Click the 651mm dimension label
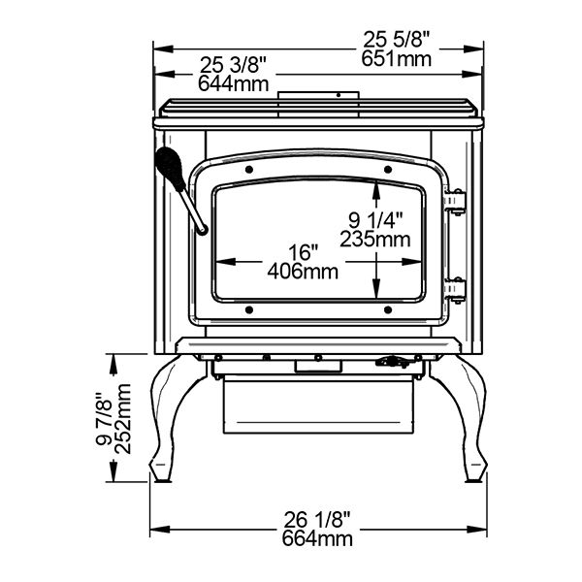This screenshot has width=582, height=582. (x=397, y=59)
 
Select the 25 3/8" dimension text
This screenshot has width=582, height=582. (x=233, y=65)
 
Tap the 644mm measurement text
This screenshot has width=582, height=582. (x=233, y=83)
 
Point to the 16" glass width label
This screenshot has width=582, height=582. (x=304, y=252)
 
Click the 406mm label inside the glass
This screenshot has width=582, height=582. (x=303, y=272)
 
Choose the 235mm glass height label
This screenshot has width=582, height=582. (x=375, y=240)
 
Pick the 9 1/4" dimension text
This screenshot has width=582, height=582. (x=375, y=220)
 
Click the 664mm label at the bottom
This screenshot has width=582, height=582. (x=317, y=538)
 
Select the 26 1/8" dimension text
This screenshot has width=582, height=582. (x=317, y=520)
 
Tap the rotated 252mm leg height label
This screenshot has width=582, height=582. (x=123, y=419)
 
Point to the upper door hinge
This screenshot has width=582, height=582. (x=456, y=202)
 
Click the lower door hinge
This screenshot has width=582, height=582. (x=456, y=290)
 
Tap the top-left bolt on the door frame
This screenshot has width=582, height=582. (x=249, y=170)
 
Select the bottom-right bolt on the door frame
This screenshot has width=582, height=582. (x=388, y=309)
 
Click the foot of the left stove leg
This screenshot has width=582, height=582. (x=161, y=472)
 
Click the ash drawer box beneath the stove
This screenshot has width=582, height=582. (x=318, y=405)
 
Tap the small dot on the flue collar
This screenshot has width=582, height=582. (x=339, y=95)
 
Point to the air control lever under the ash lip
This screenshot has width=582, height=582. (x=396, y=361)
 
